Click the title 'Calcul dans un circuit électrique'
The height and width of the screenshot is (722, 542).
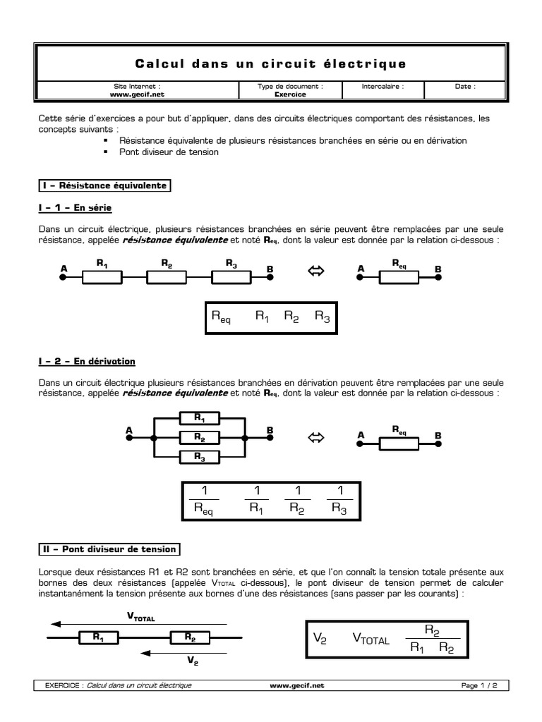pos(270,64)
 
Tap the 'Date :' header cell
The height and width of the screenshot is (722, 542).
pos(465,87)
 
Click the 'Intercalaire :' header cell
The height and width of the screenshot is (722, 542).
pos(383,87)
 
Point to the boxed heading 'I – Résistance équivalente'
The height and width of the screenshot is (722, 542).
pos(104,186)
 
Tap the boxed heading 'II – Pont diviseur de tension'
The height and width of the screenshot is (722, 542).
pos(109,549)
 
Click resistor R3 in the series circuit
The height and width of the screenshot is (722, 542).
pos(232,278)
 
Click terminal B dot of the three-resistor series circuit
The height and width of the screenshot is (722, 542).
pos(270,278)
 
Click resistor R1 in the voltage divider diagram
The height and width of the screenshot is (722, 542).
pos(97,637)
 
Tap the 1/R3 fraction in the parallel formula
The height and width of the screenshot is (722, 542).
pos(339,501)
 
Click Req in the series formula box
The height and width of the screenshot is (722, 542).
pos(221,318)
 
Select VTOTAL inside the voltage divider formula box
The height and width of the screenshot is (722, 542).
pos(371,640)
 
